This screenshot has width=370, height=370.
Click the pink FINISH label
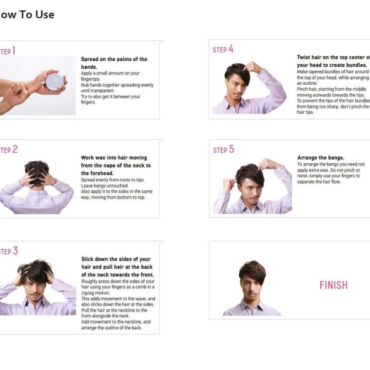pos(333,285)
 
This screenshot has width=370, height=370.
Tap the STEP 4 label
pos(223,49)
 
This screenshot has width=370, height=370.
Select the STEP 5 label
pos(223,149)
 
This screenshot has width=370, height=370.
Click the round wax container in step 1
pos(56,82)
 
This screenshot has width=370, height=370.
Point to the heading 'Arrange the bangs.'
pos(320,158)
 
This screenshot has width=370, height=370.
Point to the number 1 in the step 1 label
pos(13,51)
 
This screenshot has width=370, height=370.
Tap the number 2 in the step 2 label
pos(14,149)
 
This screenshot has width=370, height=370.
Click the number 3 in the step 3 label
pos(14,251)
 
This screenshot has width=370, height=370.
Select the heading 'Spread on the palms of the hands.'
pos(114,63)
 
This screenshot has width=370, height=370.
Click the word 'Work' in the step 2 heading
pos(88,158)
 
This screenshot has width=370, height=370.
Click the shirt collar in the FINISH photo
pos(253,304)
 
